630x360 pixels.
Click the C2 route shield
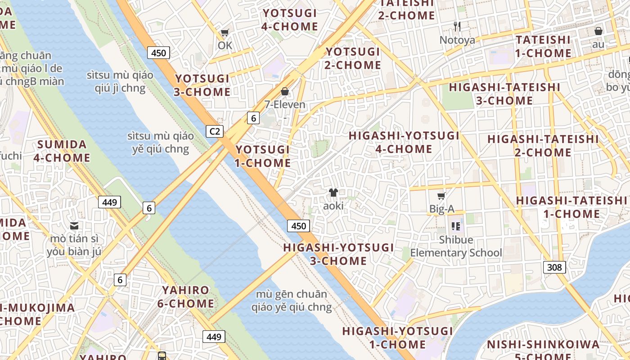coord(215,131)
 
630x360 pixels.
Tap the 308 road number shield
coord(554,267)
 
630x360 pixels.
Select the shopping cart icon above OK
coord(225,33)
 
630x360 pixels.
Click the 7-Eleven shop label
coord(285,105)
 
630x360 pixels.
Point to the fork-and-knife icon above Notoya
coord(457,27)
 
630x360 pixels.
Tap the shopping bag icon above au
coord(598,31)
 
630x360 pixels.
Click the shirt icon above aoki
coord(333,193)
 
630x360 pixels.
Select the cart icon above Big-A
coord(441,196)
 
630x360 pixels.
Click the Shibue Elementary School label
coord(456,246)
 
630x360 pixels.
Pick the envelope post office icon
coord(74,225)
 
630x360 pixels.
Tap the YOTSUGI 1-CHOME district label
coord(263,156)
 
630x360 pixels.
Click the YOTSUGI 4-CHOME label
coord(290,20)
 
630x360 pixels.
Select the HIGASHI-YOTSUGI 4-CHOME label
coord(404,142)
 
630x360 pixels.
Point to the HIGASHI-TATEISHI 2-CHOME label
coord(543,146)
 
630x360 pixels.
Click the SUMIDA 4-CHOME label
coord(62,151)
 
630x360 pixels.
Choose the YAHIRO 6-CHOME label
coord(185,297)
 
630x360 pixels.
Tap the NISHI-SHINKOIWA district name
coord(544,345)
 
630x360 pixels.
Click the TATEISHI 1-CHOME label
coord(543,47)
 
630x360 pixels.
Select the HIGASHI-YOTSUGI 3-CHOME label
coord(338,254)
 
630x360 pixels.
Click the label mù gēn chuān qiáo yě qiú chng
coord(294,301)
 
